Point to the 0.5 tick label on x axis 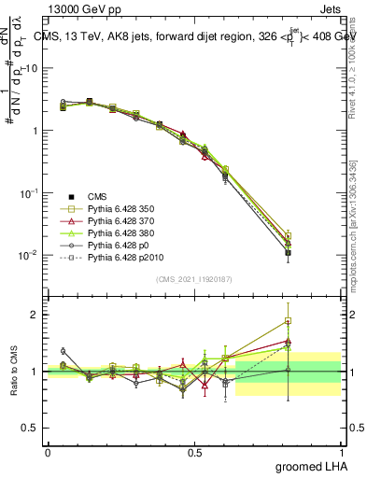click(x=194, y=453)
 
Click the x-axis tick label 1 click(x=341, y=453)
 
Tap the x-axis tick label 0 click(x=48, y=453)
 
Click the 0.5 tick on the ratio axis click(x=31, y=428)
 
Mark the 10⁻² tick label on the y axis click(x=30, y=255)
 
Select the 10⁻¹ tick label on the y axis click(x=30, y=192)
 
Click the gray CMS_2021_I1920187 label click(x=194, y=279)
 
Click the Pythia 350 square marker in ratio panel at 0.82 click(x=289, y=321)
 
